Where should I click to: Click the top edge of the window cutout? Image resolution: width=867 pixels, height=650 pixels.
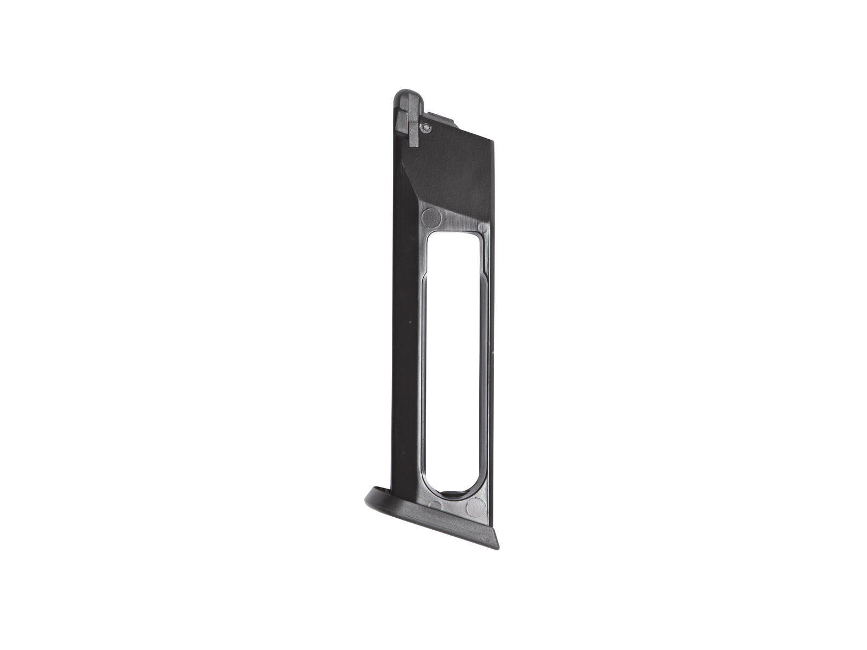coord(455,232)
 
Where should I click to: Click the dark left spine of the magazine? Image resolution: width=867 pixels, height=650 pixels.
coord(398,325)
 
